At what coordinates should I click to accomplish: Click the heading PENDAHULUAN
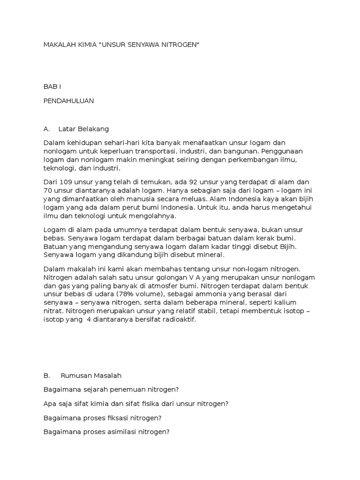(68, 100)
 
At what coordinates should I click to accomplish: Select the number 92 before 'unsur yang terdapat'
(193, 182)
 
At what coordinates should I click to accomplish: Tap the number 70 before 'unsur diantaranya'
(48, 190)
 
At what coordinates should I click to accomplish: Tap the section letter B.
(46, 375)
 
